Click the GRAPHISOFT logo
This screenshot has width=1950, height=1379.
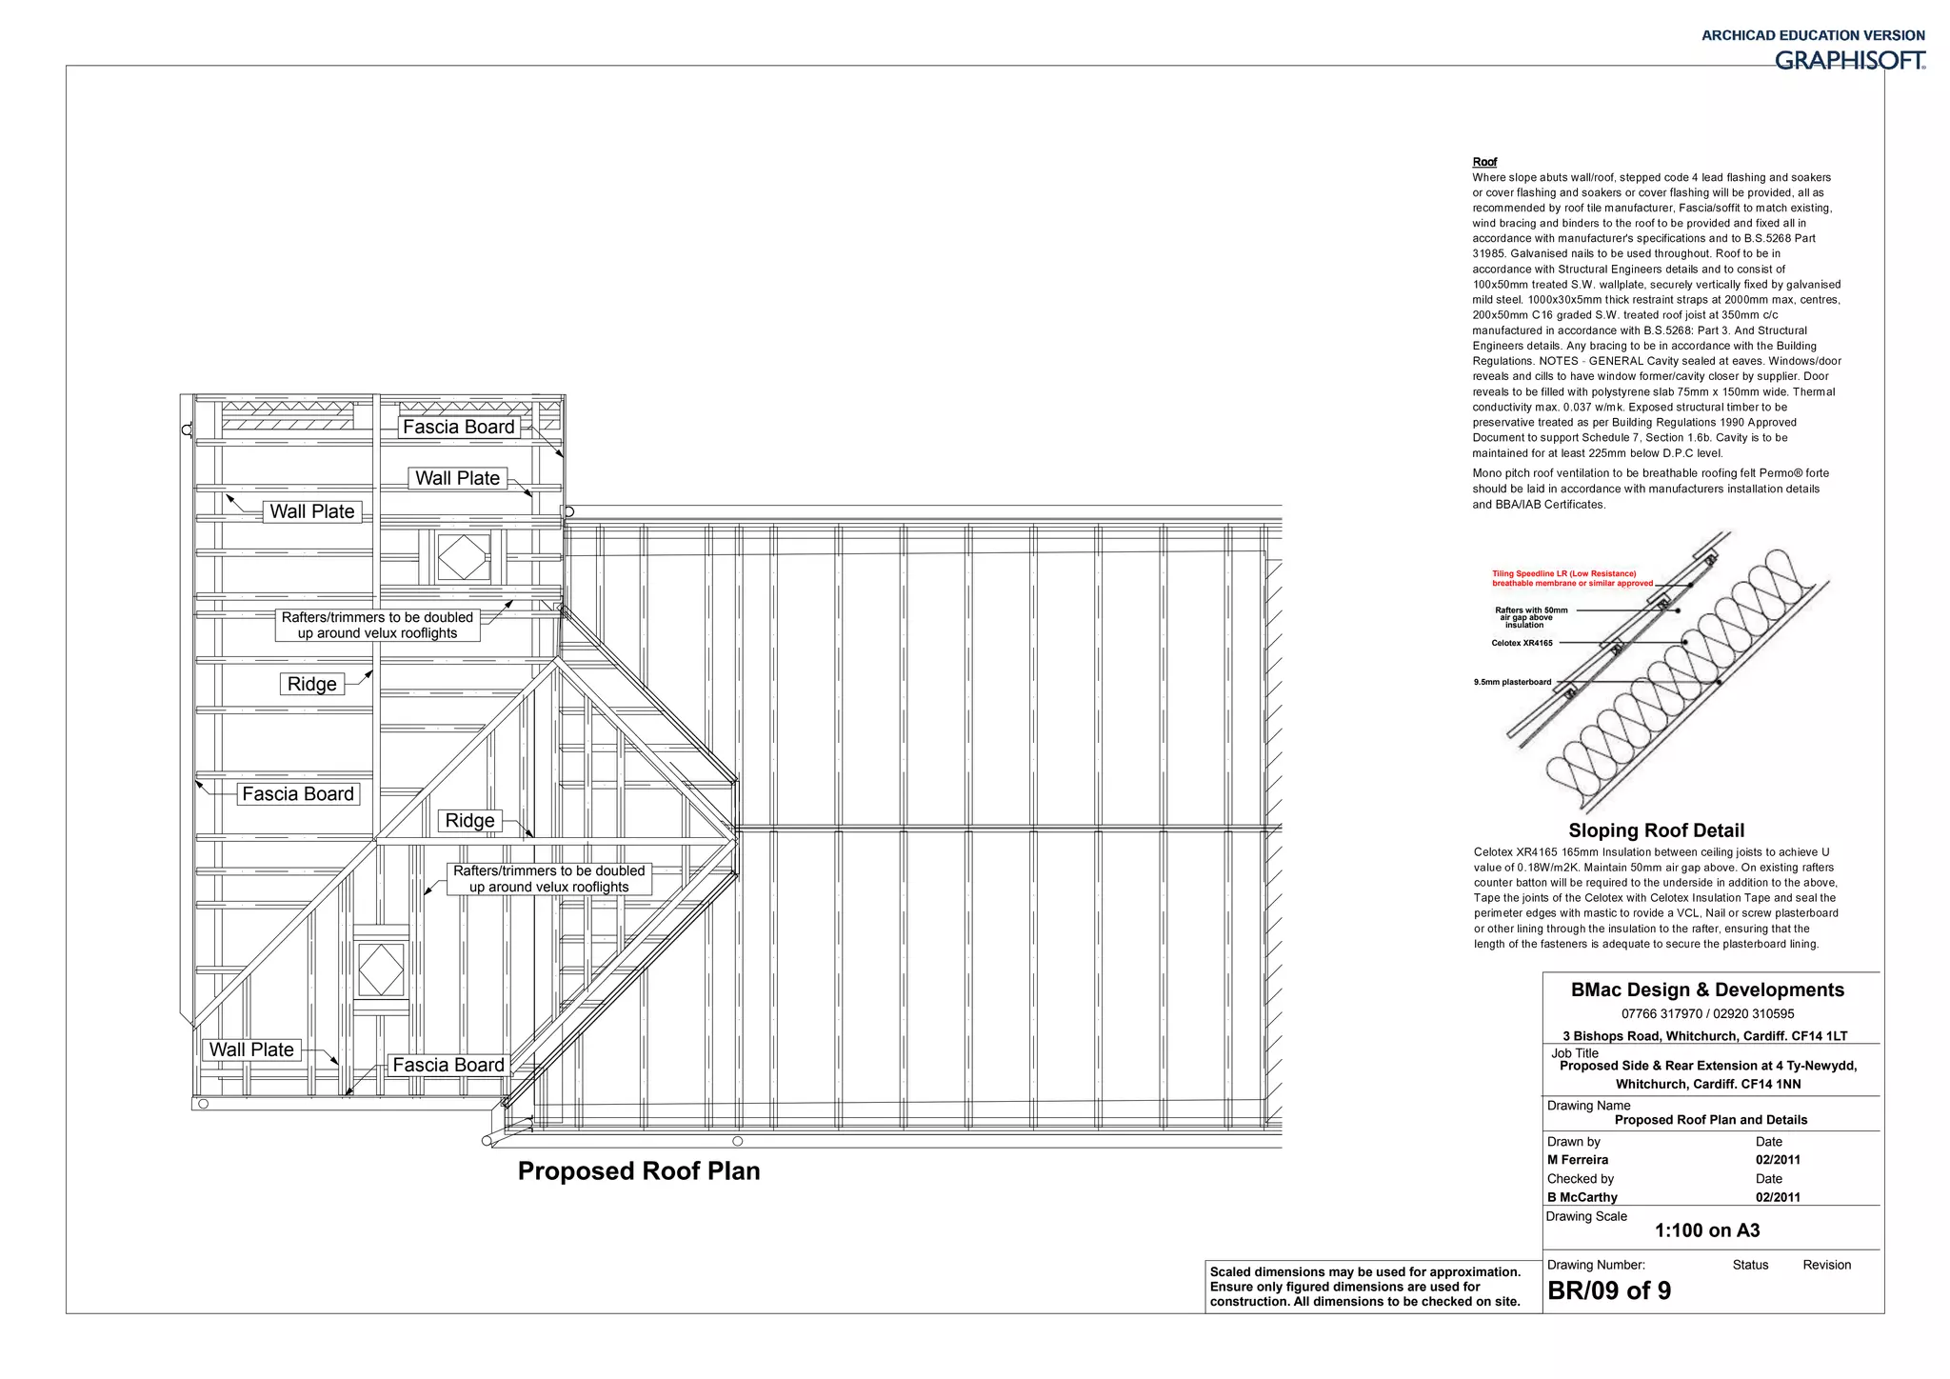[x=1849, y=61]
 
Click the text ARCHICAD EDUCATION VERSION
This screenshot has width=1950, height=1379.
[x=1813, y=35]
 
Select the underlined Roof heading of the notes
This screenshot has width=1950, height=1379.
[x=1484, y=162]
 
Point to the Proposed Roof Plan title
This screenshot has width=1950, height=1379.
[x=639, y=1171]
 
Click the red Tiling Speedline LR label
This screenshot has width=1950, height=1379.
[x=1572, y=578]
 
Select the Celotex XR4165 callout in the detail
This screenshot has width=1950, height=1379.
[x=1522, y=643]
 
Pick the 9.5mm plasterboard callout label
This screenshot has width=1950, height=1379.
[x=1512, y=682]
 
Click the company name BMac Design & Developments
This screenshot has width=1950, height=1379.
[x=1707, y=990]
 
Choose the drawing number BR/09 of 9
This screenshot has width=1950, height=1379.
[x=1609, y=1291]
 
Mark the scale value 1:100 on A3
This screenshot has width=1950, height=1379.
[x=1707, y=1230]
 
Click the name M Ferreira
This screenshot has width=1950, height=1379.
[x=1577, y=1160]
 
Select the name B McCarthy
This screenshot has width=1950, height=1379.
[x=1582, y=1197]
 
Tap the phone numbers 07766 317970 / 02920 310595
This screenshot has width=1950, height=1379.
[x=1707, y=1014]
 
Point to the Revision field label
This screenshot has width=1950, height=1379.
[x=1826, y=1265]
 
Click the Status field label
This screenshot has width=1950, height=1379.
[x=1750, y=1265]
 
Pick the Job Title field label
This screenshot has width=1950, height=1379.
[x=1575, y=1053]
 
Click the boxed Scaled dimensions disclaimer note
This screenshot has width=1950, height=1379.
[x=1365, y=1287]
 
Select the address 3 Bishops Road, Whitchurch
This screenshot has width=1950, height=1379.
[x=1704, y=1036]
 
